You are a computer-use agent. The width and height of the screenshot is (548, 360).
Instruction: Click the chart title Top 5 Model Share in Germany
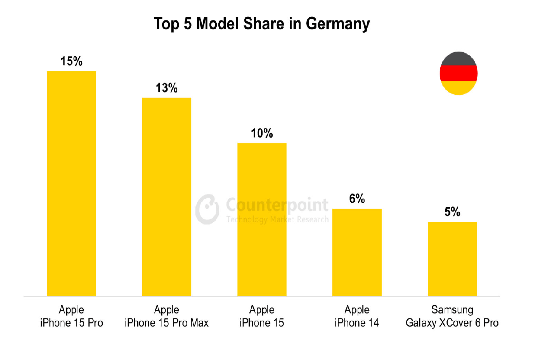tap(261, 24)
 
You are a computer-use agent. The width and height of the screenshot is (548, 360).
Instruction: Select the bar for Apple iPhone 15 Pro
tap(71, 184)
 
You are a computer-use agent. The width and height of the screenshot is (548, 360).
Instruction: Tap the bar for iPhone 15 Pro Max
tap(167, 197)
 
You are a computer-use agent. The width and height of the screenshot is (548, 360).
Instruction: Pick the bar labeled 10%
tap(262, 219)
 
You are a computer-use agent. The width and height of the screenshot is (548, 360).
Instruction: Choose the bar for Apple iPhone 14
tap(357, 252)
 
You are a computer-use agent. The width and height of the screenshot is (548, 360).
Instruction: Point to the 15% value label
tap(71, 61)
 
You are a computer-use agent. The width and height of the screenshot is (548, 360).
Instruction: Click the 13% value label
tap(167, 88)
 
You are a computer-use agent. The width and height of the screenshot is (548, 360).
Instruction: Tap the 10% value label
tap(262, 133)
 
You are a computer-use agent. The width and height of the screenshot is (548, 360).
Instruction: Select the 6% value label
tap(357, 199)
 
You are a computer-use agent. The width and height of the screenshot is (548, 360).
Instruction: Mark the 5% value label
tap(452, 212)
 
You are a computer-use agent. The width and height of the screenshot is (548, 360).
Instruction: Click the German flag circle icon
tap(458, 74)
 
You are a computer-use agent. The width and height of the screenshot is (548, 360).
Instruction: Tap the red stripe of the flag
tap(458, 74)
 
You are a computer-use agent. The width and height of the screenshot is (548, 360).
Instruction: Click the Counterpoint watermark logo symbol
tap(207, 209)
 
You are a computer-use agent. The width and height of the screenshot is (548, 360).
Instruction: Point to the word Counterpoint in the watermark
tap(277, 204)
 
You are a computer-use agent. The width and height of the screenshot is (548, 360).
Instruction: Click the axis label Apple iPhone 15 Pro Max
tap(167, 316)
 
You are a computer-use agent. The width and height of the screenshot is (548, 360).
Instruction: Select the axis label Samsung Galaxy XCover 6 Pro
tap(452, 316)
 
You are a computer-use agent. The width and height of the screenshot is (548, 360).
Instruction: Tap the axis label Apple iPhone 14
tap(357, 316)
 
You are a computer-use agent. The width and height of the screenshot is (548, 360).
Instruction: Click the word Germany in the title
tap(338, 24)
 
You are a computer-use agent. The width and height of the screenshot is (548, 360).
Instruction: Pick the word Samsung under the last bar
tap(452, 310)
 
